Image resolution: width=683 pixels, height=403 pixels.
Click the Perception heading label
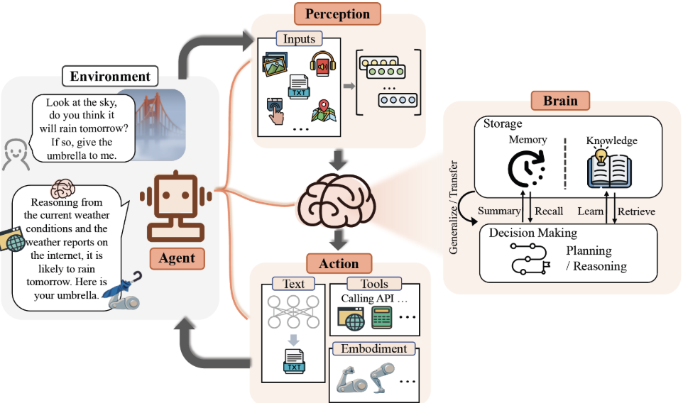click(338, 13)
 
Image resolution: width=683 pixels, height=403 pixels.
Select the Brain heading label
click(560, 100)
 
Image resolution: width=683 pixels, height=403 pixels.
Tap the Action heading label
click(339, 264)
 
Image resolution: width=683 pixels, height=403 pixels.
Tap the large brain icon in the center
click(339, 199)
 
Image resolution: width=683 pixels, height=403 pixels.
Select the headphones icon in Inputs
click(319, 65)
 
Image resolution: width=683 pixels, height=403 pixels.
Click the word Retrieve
click(636, 211)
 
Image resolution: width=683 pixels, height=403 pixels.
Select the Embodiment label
click(374, 348)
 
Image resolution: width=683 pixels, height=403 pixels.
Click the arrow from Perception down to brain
click(339, 159)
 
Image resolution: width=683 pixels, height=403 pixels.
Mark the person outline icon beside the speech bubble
click(16, 154)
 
